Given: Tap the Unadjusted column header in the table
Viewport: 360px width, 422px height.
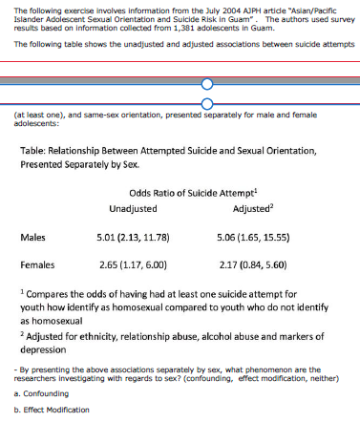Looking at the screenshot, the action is [x=134, y=206].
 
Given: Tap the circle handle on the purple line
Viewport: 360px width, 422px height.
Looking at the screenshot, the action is [x=207, y=102].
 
